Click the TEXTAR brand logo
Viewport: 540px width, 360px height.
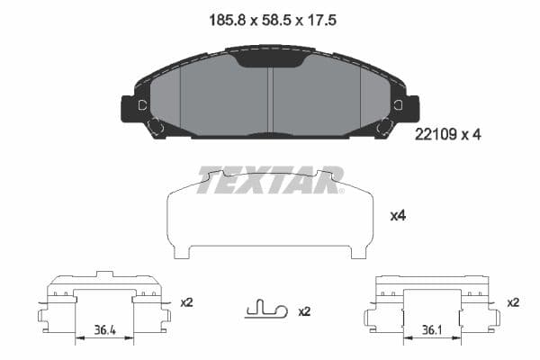click(x=270, y=179)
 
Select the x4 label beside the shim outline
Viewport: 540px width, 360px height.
click(x=397, y=216)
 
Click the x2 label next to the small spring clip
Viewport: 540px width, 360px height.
click(x=303, y=311)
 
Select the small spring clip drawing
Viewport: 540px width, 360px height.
click(x=265, y=310)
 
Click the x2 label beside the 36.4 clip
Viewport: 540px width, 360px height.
click(x=186, y=302)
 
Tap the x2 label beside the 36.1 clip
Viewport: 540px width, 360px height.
click(x=513, y=302)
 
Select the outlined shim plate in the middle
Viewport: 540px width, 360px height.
click(x=270, y=216)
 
